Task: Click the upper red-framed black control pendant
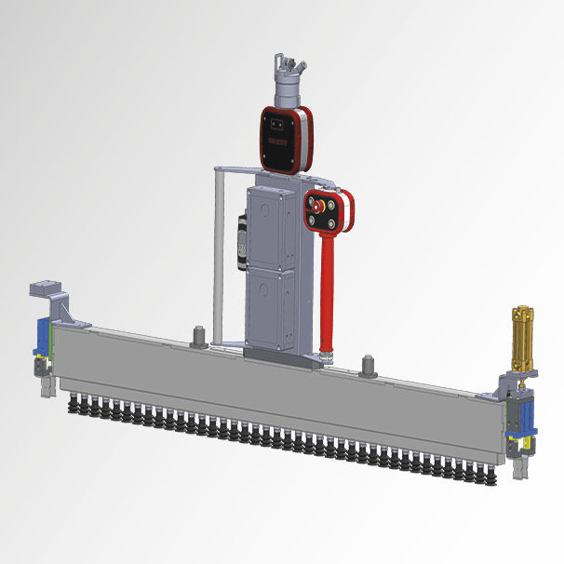pos(282,138)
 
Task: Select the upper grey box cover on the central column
pos(272,223)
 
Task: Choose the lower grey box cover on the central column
pos(272,307)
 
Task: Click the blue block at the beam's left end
pos(43,336)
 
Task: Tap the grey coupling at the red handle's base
pos(325,355)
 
